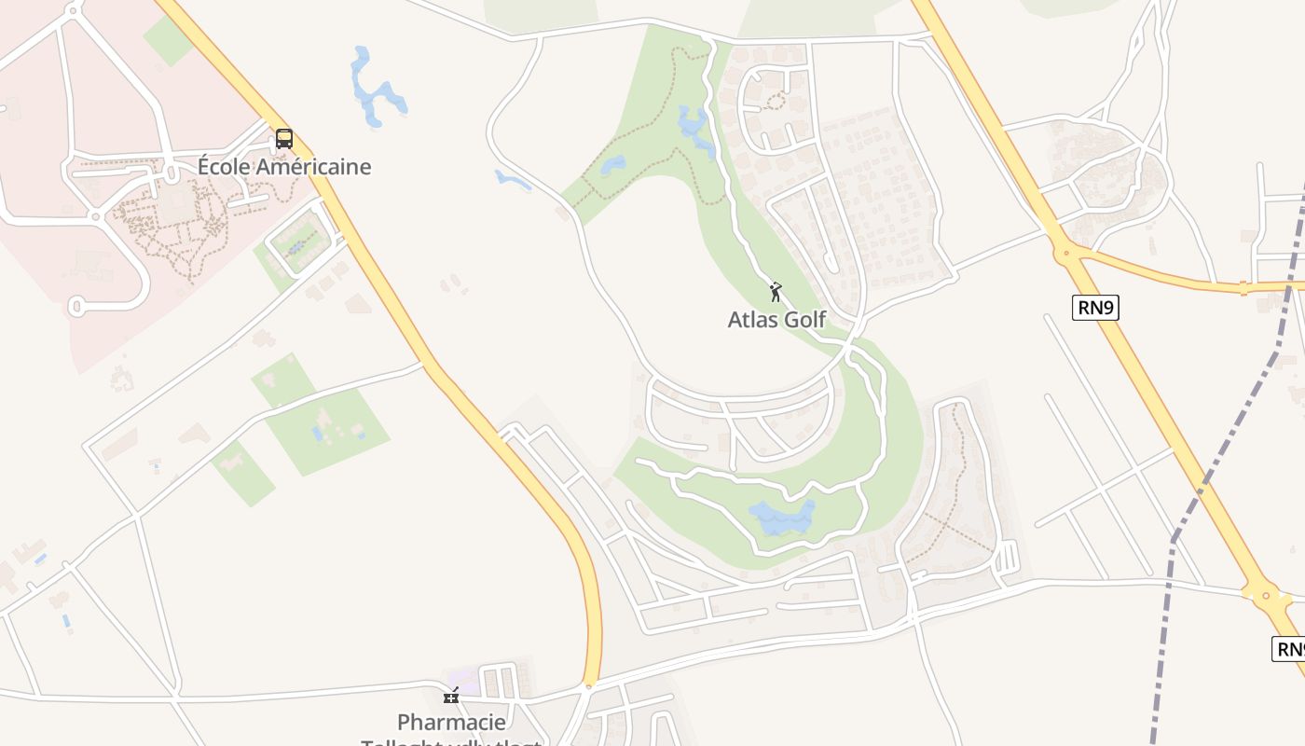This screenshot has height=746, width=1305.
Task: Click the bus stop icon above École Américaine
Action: [284, 140]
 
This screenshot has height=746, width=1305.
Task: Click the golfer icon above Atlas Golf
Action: [776, 292]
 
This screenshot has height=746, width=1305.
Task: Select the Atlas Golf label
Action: [776, 320]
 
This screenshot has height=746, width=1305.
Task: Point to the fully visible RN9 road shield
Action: [1095, 308]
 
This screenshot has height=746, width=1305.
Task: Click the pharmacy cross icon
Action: [451, 696]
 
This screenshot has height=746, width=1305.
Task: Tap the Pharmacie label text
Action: [451, 722]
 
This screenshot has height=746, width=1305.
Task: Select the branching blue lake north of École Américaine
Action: [376, 90]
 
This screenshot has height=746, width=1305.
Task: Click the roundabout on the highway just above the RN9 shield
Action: [1064, 250]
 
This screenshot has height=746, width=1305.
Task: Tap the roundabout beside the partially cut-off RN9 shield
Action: [1266, 593]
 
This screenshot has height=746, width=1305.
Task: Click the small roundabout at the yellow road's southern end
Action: [589, 687]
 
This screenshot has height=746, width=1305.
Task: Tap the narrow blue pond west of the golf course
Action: [512, 179]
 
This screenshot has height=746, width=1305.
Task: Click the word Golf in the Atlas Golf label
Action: [803, 320]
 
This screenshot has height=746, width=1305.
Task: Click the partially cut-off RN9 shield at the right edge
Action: [1290, 649]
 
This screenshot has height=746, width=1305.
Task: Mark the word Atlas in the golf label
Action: [750, 320]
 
